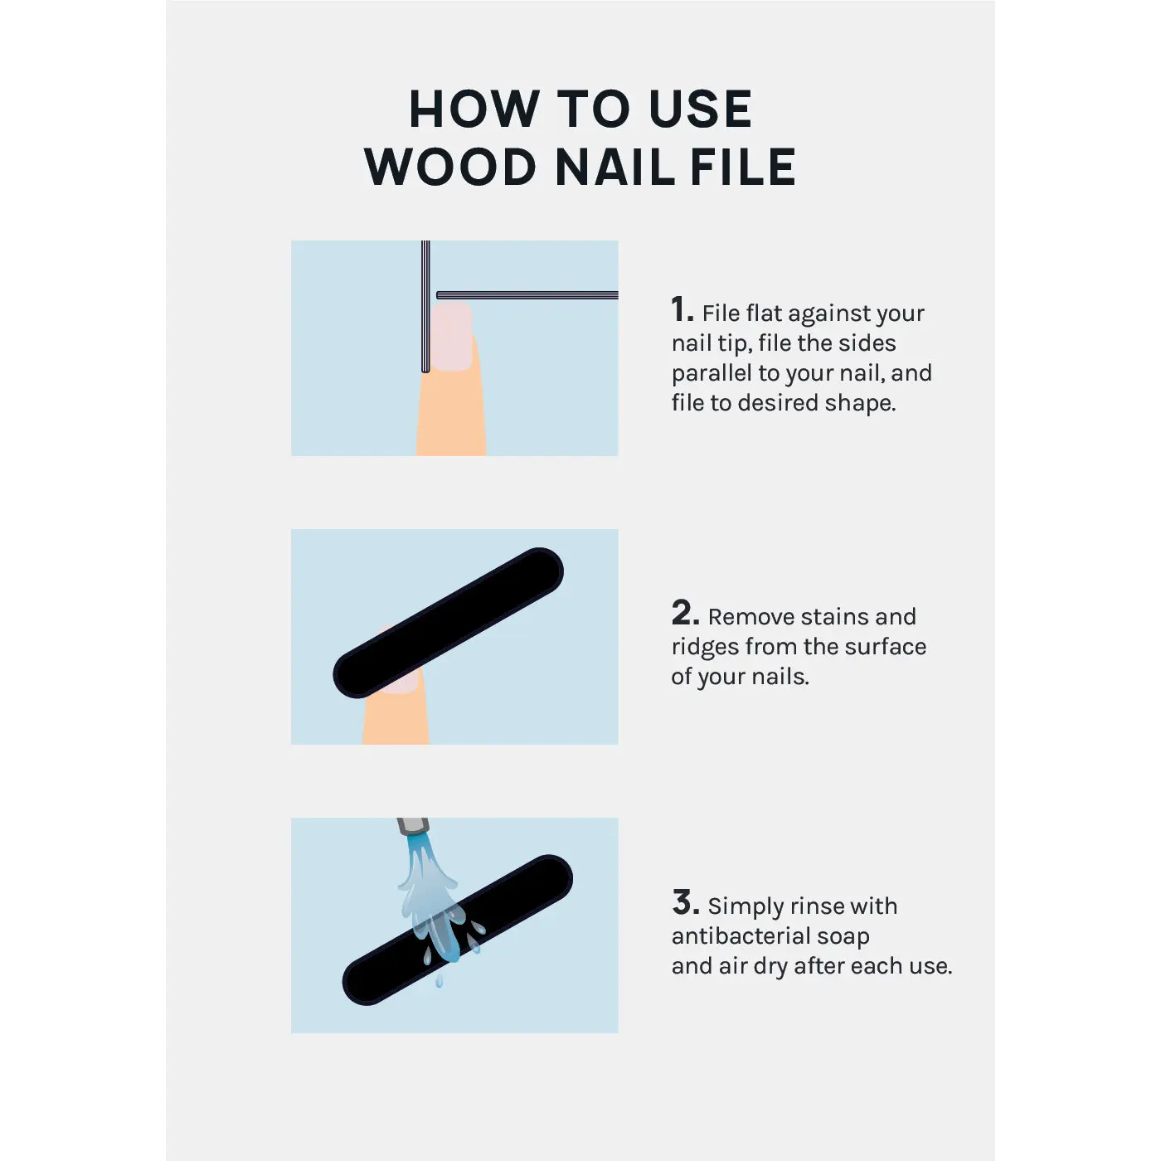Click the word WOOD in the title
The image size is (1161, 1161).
449,167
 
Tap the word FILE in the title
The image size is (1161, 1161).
743,167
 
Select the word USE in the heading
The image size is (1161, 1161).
701,109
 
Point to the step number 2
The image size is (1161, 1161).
685,613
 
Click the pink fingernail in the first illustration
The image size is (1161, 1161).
451,337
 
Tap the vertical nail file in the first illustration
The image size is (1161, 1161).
425,306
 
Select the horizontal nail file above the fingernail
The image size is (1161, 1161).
527,295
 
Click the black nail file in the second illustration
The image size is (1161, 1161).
449,623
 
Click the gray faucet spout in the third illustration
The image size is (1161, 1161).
413,826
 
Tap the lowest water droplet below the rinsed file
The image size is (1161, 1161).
439,981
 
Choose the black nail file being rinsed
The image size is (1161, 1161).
457,930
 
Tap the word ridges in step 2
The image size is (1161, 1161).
705,648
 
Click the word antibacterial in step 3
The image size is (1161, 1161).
741,936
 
